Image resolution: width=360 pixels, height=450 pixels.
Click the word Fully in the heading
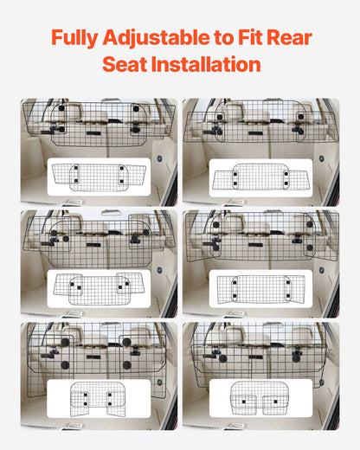pyautogui.click(x=74, y=38)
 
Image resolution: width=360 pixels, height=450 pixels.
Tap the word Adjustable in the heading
pyautogui.click(x=150, y=38)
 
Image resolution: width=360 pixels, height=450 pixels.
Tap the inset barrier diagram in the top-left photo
pyautogui.click(x=99, y=177)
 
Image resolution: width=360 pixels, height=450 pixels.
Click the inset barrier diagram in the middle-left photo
pyautogui.click(x=99, y=288)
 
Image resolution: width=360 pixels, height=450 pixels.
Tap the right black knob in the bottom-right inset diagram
pyautogui.click(x=280, y=401)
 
